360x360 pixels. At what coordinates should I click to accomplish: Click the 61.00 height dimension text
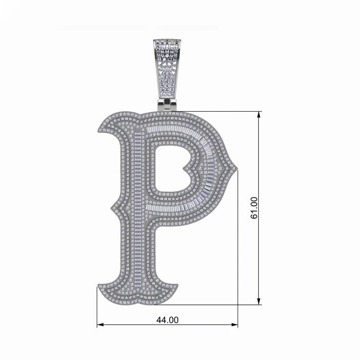pyautogui.click(x=254, y=208)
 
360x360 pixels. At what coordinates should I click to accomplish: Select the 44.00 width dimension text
pyautogui.click(x=167, y=320)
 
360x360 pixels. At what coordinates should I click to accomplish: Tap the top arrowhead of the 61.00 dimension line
pyautogui.click(x=259, y=115)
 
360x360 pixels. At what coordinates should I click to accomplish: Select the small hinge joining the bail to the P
pyautogui.click(x=167, y=105)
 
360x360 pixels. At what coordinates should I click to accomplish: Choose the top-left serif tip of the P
pyautogui.click(x=98, y=129)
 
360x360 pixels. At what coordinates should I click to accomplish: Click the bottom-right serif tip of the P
pyautogui.click(x=177, y=285)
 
